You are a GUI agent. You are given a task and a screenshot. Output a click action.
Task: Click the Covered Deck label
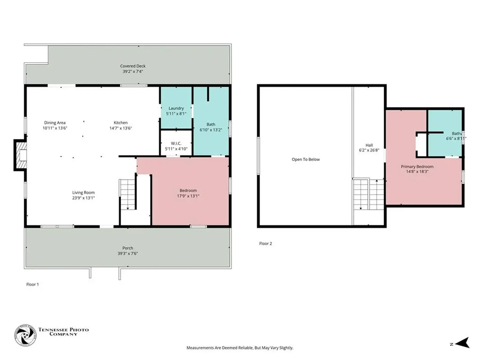[133, 66]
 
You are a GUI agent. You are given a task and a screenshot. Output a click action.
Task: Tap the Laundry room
[176, 108]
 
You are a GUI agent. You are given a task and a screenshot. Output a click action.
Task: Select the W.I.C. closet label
[176, 143]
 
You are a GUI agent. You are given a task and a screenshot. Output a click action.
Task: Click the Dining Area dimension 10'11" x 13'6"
[55, 128]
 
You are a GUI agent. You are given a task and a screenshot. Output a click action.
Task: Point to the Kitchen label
[120, 123]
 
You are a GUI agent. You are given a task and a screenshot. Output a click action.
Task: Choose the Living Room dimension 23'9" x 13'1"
[83, 198]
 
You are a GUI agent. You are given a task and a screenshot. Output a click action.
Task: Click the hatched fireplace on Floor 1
[21, 155]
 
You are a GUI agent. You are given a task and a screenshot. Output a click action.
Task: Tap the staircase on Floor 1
[127, 195]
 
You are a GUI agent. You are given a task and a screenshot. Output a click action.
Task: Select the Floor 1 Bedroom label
[188, 190]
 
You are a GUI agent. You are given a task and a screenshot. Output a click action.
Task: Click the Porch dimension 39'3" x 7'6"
[127, 254]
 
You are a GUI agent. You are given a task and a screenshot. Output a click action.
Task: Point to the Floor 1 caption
[32, 285]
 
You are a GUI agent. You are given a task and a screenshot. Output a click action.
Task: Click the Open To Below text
[306, 159]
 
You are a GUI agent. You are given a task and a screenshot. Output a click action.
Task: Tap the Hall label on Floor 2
[369, 145]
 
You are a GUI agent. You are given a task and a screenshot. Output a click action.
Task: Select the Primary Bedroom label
[417, 166]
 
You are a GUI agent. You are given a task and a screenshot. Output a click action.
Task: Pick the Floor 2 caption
[265, 244]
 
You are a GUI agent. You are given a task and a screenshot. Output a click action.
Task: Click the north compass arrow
[462, 343]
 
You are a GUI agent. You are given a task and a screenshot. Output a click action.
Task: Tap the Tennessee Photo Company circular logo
[25, 335]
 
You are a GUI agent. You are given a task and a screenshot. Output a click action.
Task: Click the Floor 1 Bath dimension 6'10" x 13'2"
[211, 130]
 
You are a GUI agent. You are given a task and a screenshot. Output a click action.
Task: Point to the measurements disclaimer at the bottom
[240, 348]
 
